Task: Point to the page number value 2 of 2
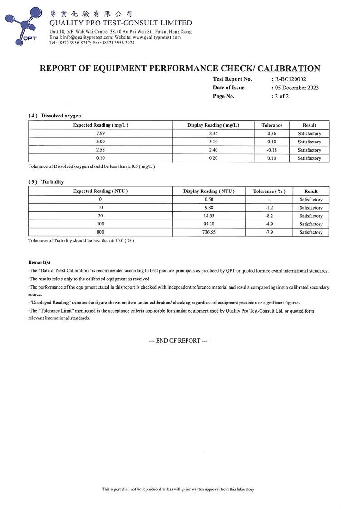tap(282, 96)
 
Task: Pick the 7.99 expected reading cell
tap(100, 134)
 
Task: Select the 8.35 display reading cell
tap(213, 134)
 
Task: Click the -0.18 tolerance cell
tap(272, 150)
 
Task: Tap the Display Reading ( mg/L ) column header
tap(213, 125)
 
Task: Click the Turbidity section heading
tap(52, 181)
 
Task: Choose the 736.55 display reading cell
tap(209, 232)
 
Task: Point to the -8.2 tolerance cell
tap(269, 216)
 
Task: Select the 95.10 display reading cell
tap(209, 224)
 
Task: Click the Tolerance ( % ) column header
tap(269, 191)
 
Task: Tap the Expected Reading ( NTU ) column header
tap(100, 191)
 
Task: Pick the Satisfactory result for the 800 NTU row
tap(311, 232)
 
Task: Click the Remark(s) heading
tap(39, 262)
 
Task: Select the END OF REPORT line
tap(178, 340)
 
